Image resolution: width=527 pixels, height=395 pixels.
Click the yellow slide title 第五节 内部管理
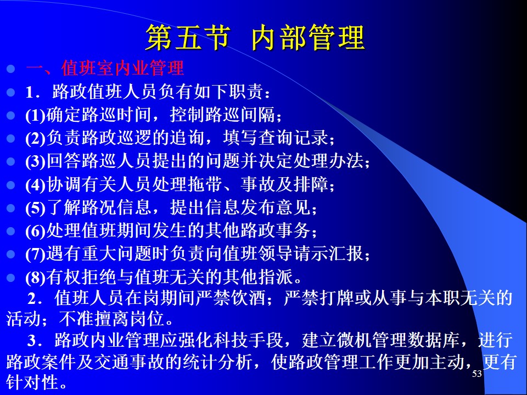[255, 37]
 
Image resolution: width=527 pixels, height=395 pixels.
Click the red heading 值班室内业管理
[122, 68]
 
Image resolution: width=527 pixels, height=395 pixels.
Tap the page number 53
[477, 374]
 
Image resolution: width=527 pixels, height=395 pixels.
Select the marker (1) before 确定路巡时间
[35, 115]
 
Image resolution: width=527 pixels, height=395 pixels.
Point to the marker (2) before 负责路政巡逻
[35, 138]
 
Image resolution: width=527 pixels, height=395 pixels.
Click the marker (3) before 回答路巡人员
[35, 161]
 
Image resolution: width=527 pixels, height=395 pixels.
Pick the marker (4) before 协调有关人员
[35, 184]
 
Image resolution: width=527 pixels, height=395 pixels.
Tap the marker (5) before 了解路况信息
[35, 207]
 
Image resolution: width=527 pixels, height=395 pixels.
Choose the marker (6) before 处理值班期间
[35, 231]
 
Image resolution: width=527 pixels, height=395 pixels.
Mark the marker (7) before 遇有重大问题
[35, 254]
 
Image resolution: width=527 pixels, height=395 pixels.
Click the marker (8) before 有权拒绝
[35, 277]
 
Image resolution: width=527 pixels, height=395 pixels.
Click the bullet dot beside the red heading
[11, 69]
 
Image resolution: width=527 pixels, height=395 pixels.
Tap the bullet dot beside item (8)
[11, 278]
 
